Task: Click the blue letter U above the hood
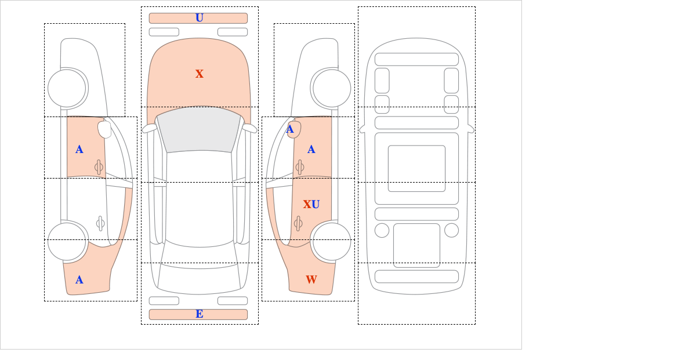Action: [200, 18]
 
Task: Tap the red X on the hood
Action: [200, 74]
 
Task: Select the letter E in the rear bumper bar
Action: [200, 314]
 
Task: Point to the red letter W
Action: [311, 279]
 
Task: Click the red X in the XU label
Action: [307, 204]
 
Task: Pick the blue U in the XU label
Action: [316, 204]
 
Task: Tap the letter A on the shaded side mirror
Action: [290, 129]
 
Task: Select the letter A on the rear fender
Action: [79, 280]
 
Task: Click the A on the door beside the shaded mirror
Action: [311, 150]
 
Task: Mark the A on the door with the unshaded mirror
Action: [79, 150]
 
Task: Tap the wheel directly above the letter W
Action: [332, 241]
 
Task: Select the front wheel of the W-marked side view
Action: [332, 89]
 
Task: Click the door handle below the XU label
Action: [298, 223]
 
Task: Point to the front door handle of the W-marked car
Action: [300, 168]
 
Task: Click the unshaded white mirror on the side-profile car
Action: [104, 129]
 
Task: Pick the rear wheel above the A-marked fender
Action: [67, 241]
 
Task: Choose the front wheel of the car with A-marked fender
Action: [67, 89]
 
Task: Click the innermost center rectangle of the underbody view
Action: [416, 168]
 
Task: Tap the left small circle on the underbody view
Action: [382, 231]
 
